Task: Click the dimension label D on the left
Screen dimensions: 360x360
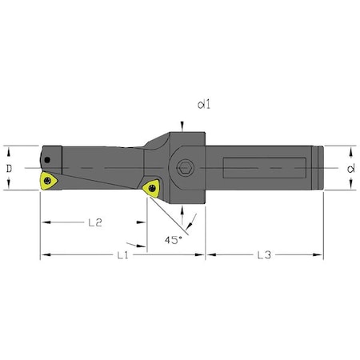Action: coord(9,167)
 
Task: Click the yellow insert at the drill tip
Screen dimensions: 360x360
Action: coord(50,181)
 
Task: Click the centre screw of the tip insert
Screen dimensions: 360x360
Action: coord(50,182)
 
